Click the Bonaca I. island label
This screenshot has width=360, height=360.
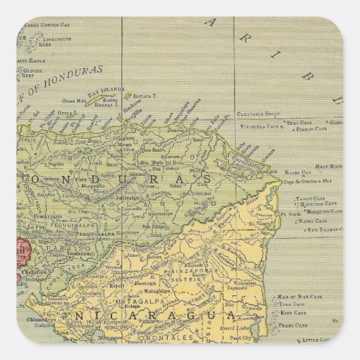click(x=145, y=97)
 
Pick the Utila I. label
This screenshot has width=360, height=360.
click(x=67, y=113)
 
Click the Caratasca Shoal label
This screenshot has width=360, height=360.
click(x=259, y=114)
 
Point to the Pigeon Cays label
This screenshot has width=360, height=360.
click(x=312, y=128)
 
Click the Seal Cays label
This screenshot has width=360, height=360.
click(x=299, y=122)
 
